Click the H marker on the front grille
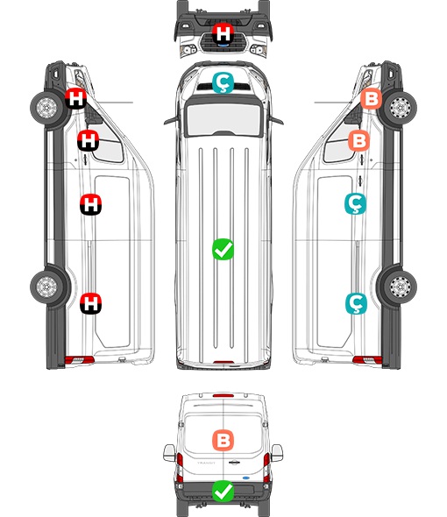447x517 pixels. (x=223, y=33)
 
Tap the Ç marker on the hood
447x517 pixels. (x=223, y=82)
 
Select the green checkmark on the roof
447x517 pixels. (x=223, y=249)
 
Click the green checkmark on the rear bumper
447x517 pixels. (x=223, y=491)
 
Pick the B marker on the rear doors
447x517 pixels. (x=223, y=440)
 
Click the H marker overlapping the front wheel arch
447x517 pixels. (x=75, y=99)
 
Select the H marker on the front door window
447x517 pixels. (x=88, y=140)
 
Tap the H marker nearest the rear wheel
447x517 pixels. (x=91, y=303)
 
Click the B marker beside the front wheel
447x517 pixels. (x=371, y=99)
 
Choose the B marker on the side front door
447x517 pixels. (x=359, y=140)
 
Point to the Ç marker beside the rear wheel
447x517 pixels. (x=356, y=303)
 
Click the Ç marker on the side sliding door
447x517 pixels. (x=355, y=204)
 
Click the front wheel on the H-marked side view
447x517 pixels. (x=46, y=108)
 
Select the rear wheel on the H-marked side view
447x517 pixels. (x=46, y=287)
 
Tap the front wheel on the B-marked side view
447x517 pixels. (x=401, y=108)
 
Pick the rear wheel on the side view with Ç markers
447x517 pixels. (x=401, y=287)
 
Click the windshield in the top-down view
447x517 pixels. (x=223, y=119)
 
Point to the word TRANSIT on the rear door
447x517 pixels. (x=206, y=463)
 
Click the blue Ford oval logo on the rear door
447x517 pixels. (x=246, y=478)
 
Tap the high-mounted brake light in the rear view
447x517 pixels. (x=223, y=395)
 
